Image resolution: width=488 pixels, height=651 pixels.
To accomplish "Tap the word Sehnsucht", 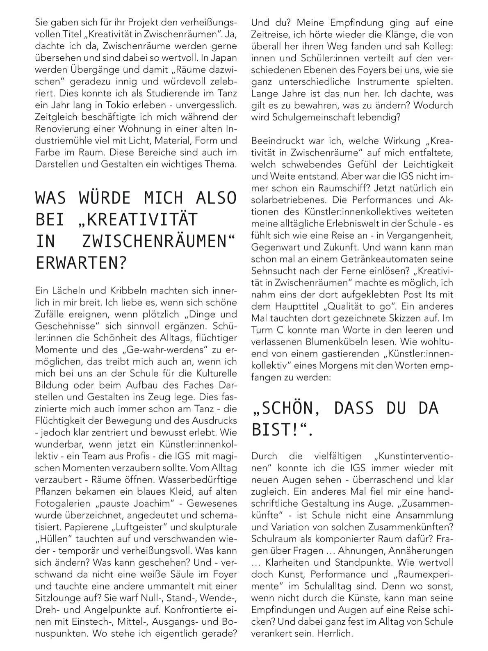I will click(271, 271).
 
